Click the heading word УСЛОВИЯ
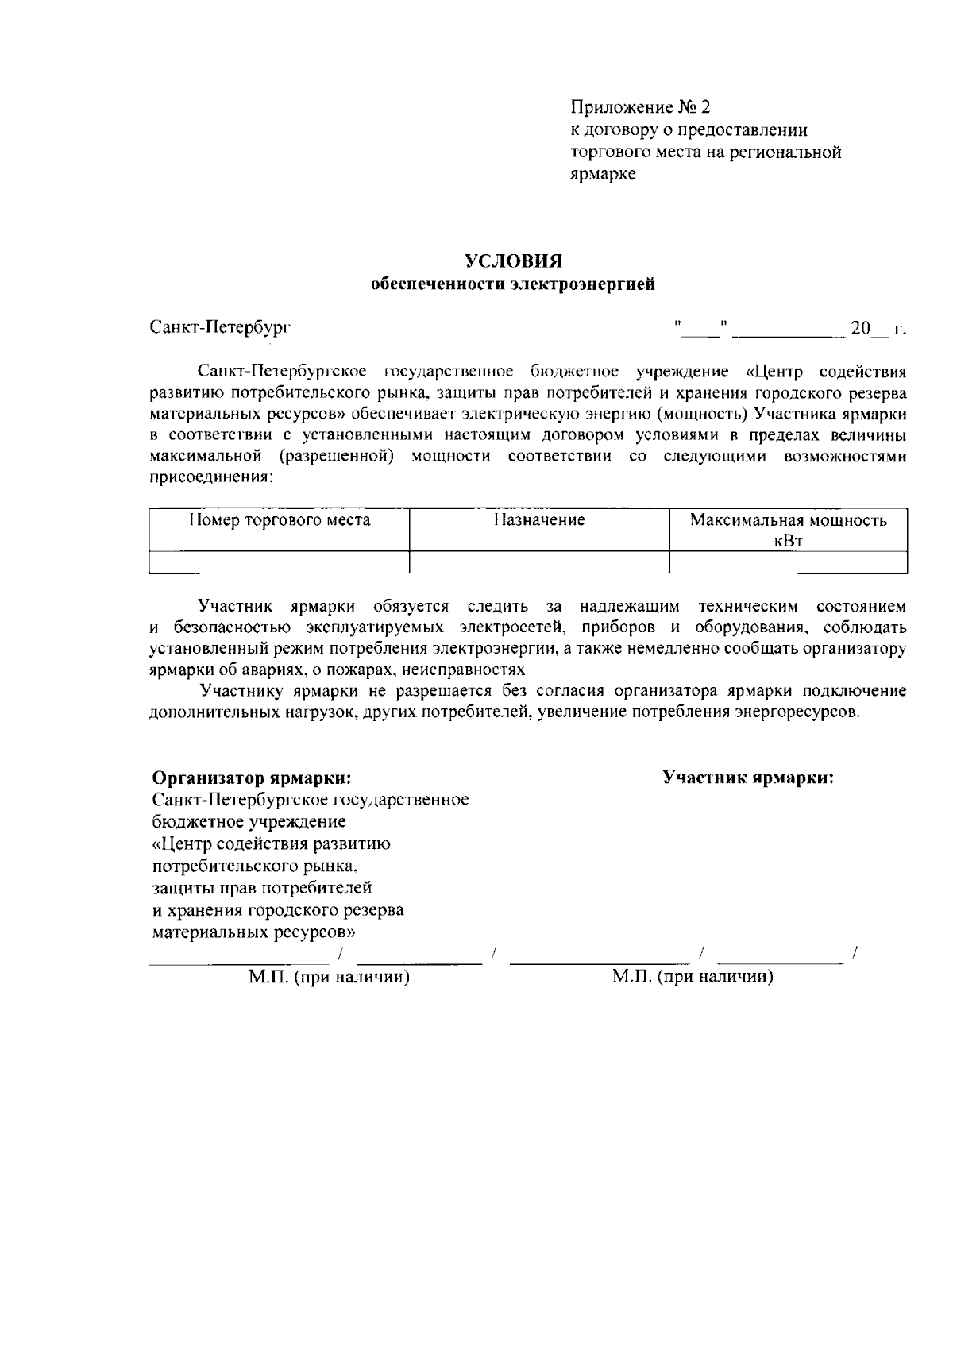[513, 261]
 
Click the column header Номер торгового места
[280, 520]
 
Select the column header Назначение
[539, 520]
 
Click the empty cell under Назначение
[539, 562]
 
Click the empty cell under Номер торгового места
[280, 562]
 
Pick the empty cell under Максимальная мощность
[788, 562]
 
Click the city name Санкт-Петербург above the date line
[221, 327]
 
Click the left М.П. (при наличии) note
[329, 977]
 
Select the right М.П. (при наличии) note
[693, 977]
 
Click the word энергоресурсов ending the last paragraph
[796, 712]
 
